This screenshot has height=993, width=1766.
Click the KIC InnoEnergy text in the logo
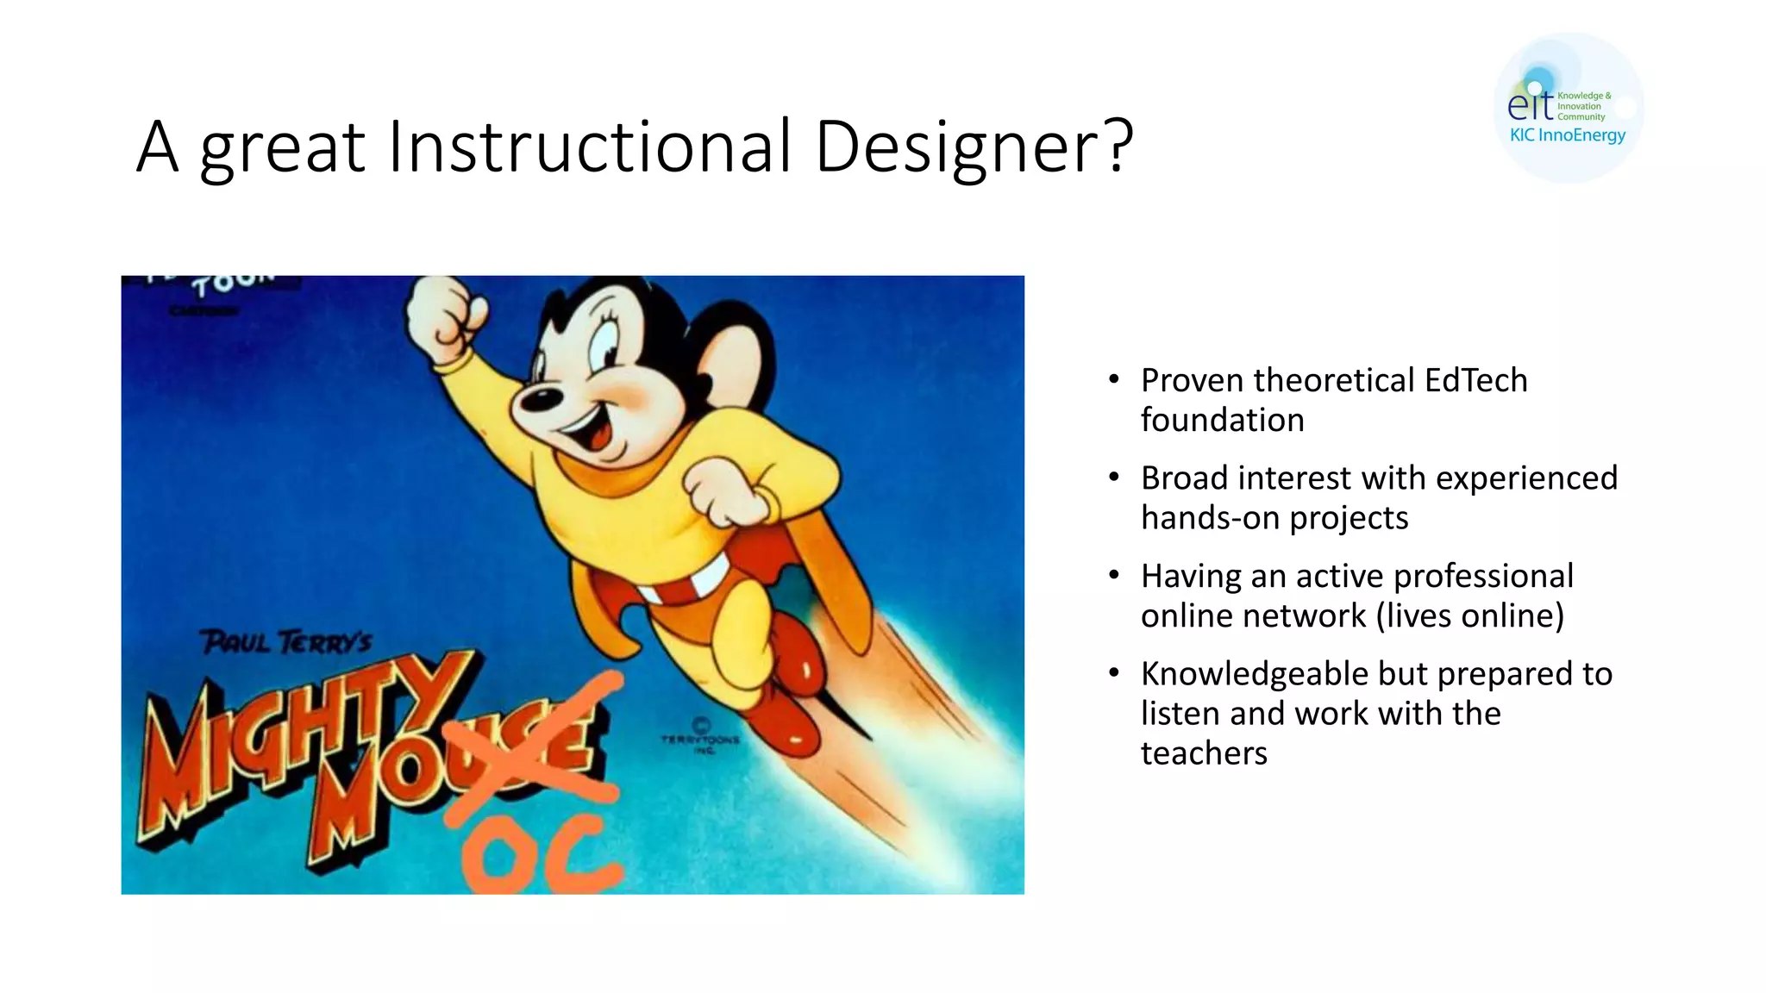[1567, 135]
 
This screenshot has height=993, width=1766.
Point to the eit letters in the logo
[1530, 104]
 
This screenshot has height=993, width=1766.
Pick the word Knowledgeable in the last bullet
[1254, 673]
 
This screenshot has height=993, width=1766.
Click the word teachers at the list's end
[1204, 753]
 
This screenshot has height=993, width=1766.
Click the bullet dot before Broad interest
[1114, 477]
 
